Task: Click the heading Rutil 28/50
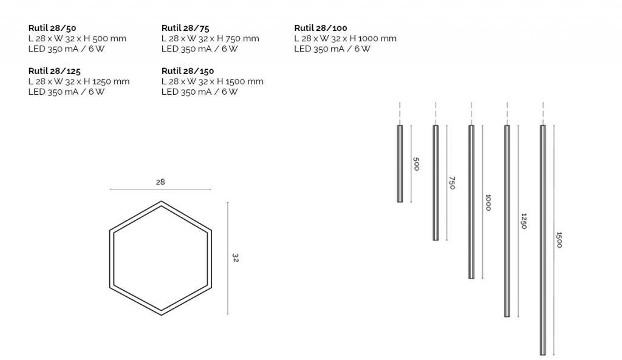(x=52, y=28)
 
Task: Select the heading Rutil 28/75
(x=185, y=28)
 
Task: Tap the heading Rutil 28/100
(x=321, y=28)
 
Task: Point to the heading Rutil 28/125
(x=54, y=71)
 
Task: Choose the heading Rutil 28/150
(x=188, y=71)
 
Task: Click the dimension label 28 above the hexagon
(x=160, y=182)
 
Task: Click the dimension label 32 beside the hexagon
(x=235, y=258)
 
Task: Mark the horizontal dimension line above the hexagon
(x=160, y=189)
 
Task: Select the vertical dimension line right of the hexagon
(x=228, y=258)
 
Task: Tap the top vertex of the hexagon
(x=161, y=202)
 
